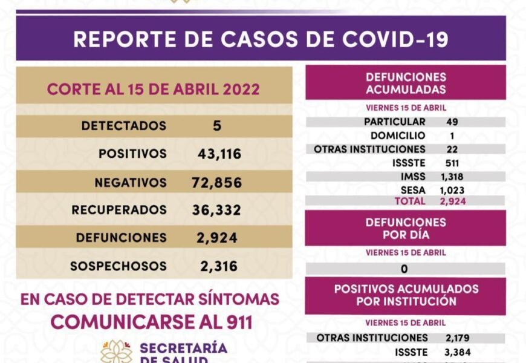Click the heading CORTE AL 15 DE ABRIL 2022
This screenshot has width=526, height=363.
[154, 90]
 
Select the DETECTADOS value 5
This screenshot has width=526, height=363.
[217, 126]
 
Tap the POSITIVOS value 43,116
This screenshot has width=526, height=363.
[219, 154]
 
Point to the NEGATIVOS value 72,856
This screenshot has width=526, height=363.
[216, 183]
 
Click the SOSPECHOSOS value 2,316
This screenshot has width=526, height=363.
[218, 266]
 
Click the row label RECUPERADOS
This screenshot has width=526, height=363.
[119, 211]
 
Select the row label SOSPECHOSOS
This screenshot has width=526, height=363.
[119, 266]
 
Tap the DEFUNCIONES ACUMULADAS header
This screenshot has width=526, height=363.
[406, 83]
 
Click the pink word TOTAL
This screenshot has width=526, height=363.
[410, 201]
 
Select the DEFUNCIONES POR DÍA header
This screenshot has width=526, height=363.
[406, 229]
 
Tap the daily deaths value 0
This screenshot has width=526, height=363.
[404, 269]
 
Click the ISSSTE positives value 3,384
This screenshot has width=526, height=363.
[458, 351]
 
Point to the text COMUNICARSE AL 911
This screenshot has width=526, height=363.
[151, 321]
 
